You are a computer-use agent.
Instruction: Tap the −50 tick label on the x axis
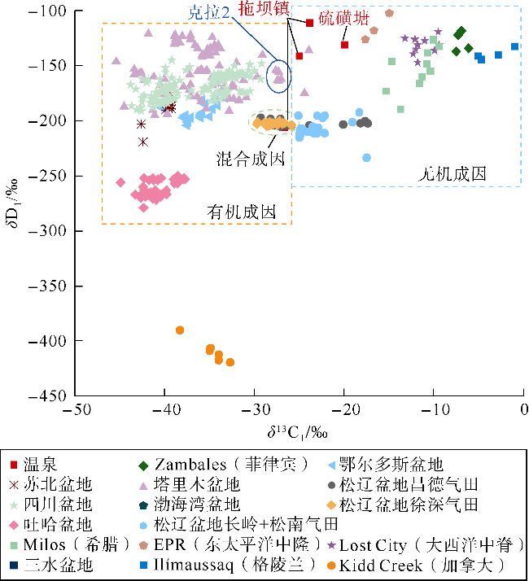click(x=76, y=409)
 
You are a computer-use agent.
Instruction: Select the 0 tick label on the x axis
click(x=522, y=409)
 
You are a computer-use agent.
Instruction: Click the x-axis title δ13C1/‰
click(x=298, y=429)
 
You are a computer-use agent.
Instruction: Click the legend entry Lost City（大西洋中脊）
click(x=431, y=544)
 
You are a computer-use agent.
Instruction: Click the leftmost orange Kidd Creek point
click(x=180, y=330)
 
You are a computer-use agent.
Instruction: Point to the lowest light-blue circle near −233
click(x=366, y=158)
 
